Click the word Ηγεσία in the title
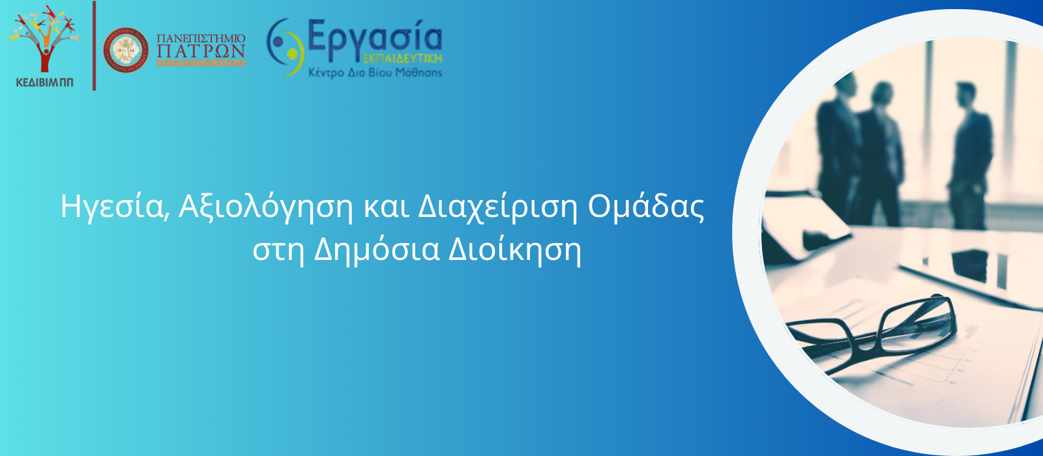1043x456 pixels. coord(110,207)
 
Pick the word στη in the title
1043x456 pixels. coord(278,249)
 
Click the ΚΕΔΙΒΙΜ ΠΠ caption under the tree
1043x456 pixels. coord(44,82)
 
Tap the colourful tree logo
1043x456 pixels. coord(44,38)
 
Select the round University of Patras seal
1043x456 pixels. coord(126,50)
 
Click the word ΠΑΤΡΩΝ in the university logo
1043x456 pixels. coord(201,51)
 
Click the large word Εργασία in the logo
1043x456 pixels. coord(374,36)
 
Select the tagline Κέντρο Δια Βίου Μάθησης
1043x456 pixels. coord(375,72)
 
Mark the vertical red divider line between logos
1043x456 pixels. coord(95,46)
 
